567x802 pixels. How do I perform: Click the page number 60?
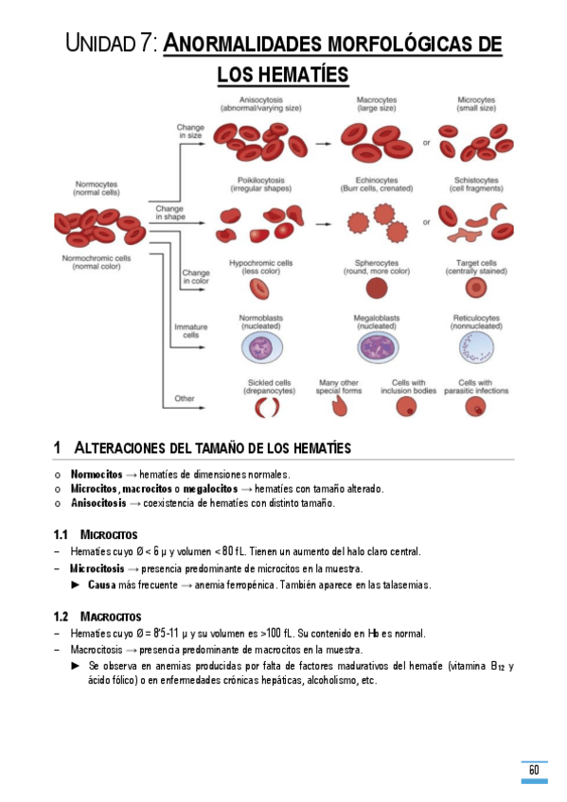[534, 770]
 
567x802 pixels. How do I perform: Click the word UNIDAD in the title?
[104, 44]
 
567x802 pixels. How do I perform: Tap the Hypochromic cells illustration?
[259, 286]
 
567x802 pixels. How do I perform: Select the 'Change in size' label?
[190, 131]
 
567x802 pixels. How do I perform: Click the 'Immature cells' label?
[190, 330]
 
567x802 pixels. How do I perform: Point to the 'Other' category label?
[185, 398]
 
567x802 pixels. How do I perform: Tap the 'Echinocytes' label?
[376, 180]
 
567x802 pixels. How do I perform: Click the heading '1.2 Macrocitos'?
[97, 617]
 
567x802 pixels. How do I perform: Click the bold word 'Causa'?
[102, 584]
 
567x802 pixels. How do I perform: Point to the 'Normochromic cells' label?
[97, 258]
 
